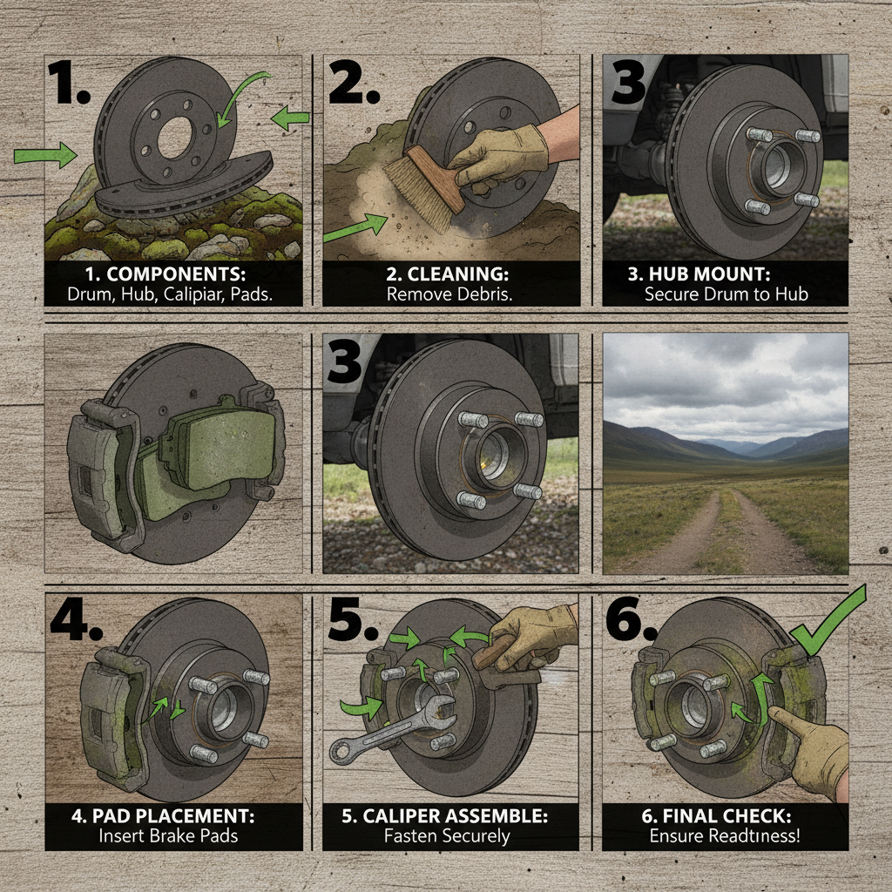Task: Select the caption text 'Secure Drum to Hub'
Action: [726, 294]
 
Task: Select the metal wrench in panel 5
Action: [392, 730]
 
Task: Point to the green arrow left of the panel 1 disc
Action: [46, 156]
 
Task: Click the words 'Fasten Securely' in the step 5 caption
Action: [449, 836]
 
